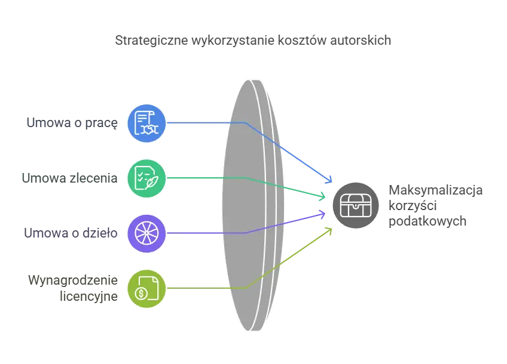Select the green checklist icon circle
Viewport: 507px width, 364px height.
(146, 178)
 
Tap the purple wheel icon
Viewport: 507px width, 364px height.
(146, 233)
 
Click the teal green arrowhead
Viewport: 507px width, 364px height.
(322, 195)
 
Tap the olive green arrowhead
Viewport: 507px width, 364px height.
(329, 229)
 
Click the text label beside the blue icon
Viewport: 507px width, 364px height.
(71, 124)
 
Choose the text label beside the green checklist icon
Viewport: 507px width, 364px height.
(69, 178)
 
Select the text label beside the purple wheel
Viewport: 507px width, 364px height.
(71, 233)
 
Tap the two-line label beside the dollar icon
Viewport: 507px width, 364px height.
(72, 287)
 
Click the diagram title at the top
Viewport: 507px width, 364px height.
(253, 41)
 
